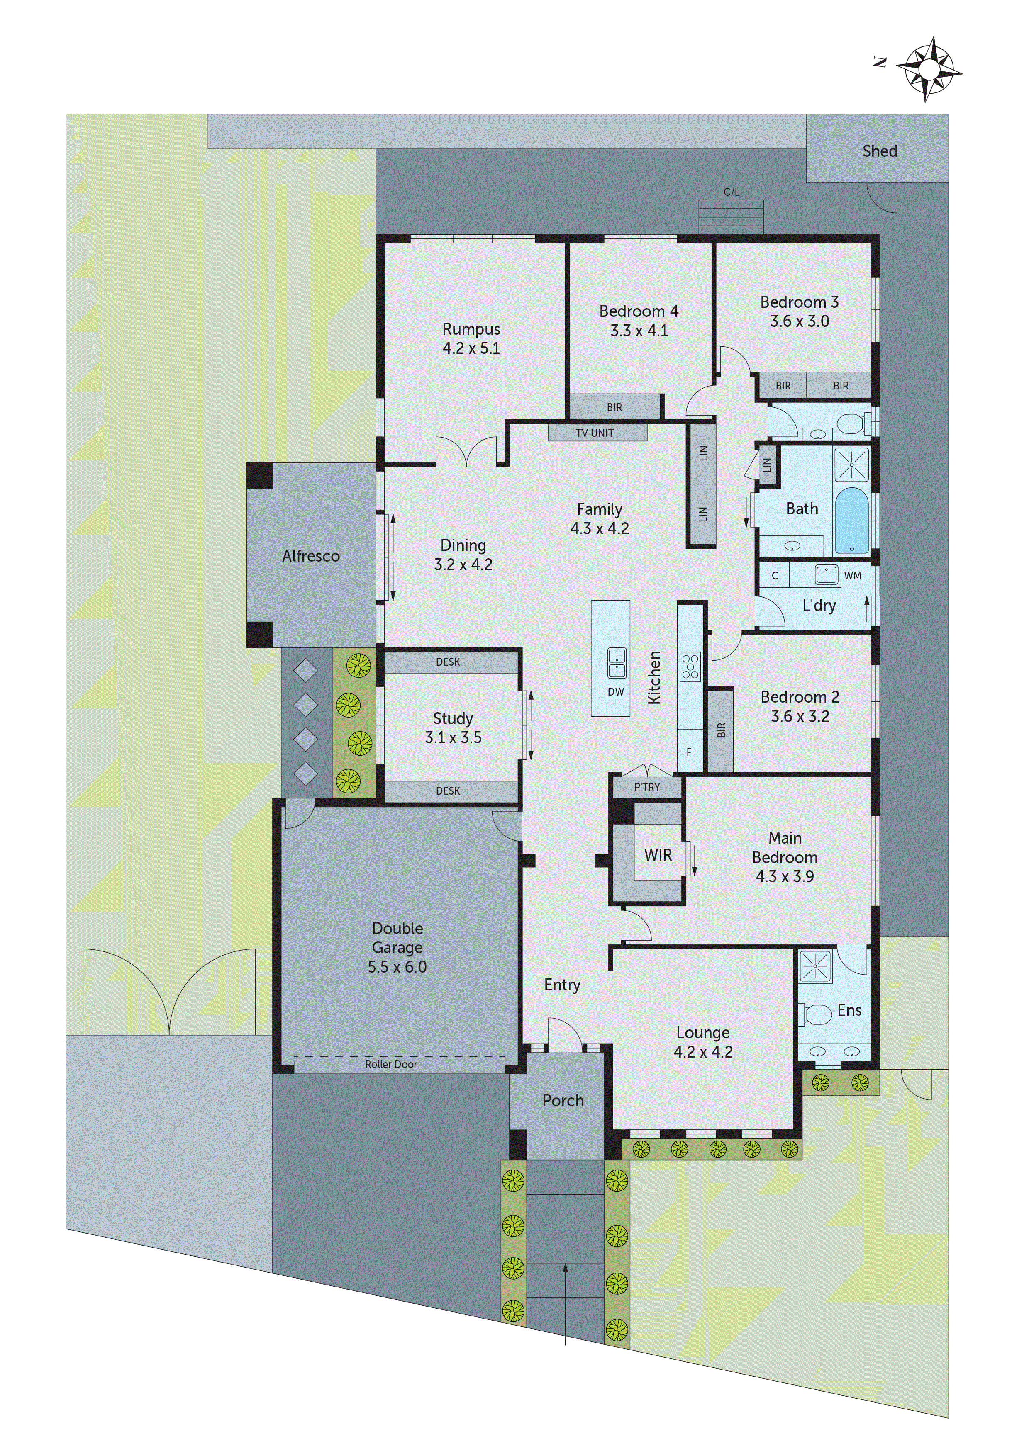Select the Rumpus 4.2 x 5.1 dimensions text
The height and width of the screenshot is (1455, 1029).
471,348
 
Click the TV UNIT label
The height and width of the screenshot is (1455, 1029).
595,433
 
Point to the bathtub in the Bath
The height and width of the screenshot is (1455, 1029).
851,520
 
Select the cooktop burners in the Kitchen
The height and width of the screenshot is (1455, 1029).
690,667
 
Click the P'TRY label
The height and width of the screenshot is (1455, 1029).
647,787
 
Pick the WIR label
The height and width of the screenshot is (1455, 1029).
658,855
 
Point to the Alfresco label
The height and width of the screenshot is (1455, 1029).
311,556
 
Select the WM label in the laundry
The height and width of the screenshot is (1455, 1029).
852,575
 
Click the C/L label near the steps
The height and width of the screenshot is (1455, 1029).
731,191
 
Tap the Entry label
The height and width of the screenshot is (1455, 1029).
562,985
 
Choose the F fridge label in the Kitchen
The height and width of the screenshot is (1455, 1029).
689,752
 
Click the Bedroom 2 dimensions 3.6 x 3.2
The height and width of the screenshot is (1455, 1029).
800,716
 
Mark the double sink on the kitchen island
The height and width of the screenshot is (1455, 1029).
616,663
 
